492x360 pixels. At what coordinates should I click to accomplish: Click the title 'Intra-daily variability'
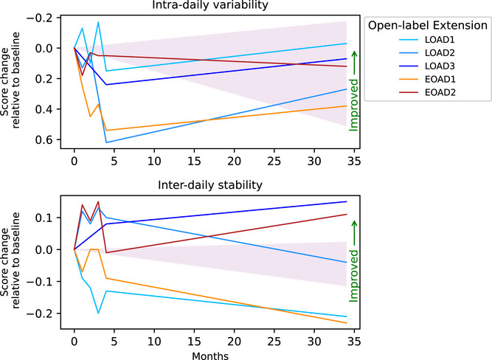pyautogui.click(x=210, y=7)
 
